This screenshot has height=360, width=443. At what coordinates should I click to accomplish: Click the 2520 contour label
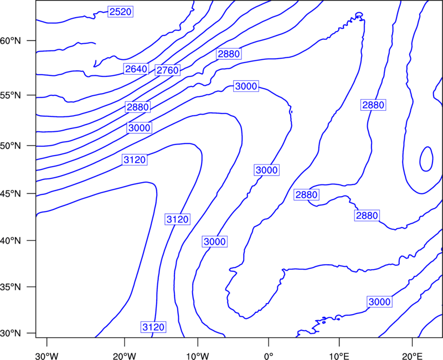[x=120, y=12]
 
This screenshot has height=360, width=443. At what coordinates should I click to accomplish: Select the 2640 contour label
[x=136, y=69]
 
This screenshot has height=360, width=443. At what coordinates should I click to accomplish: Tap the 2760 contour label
[x=168, y=70]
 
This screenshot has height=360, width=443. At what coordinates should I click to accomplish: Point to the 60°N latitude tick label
[x=11, y=40]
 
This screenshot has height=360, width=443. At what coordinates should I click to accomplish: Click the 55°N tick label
[x=11, y=95]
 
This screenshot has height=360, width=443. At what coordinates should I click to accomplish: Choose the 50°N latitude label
[x=11, y=146]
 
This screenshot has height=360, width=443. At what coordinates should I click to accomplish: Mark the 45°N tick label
[x=11, y=193]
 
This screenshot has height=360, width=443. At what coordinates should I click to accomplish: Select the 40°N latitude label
[x=11, y=241]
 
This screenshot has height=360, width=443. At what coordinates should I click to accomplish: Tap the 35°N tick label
[x=11, y=287]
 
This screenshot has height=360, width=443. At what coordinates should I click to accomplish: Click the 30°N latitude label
[x=11, y=333]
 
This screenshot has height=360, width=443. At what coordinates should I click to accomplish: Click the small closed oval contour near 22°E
[x=420, y=159]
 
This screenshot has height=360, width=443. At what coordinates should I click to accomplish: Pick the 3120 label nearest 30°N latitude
[x=153, y=327]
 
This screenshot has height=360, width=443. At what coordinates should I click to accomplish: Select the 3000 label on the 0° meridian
[x=267, y=170]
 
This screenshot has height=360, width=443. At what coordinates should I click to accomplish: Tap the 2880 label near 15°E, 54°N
[x=373, y=105]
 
